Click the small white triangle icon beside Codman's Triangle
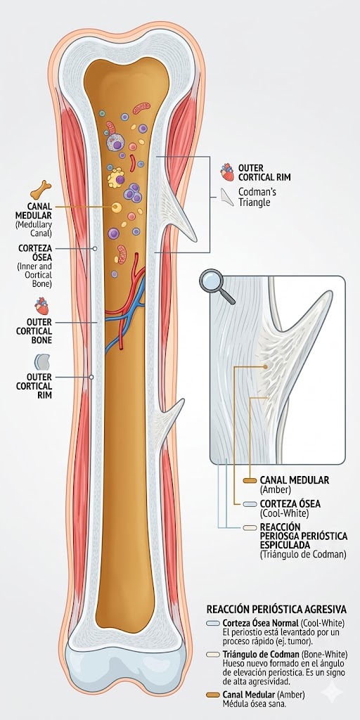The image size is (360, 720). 226,198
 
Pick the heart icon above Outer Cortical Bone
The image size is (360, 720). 42,307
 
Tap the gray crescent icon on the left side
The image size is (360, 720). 42,361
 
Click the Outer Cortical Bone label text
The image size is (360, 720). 34,331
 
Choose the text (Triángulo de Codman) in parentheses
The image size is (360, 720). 303,555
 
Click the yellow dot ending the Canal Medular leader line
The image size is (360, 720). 115,206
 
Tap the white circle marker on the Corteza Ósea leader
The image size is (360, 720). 96,248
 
